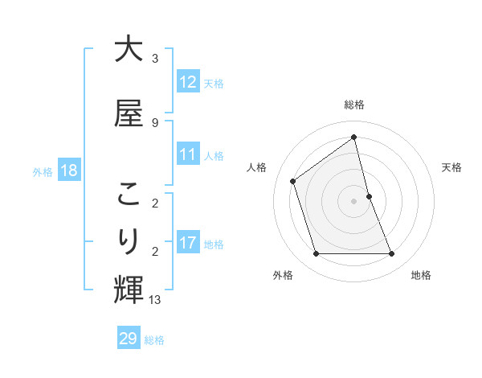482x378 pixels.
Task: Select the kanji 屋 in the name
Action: [x=129, y=113]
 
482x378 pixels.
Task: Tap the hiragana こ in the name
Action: [x=129, y=195]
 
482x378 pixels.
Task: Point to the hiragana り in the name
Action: [x=129, y=240]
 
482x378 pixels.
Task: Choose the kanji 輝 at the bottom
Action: [x=129, y=288]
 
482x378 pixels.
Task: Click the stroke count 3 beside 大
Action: [x=155, y=59]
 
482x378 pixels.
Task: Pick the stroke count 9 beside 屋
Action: [x=155, y=123]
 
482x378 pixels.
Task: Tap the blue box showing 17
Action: [x=188, y=242]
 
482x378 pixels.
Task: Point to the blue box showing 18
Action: [x=68, y=170]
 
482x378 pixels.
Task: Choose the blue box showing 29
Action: [x=129, y=339]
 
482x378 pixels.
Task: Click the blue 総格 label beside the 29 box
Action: [x=154, y=340]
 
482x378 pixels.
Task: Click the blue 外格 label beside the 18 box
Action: [x=43, y=171]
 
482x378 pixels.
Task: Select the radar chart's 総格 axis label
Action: [x=354, y=105]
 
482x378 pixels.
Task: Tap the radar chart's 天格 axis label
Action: [x=452, y=167]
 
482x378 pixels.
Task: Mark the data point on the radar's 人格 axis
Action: [x=293, y=181]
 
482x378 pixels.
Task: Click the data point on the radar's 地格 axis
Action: [x=392, y=254]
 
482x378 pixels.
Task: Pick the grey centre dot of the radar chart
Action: [x=354, y=201]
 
